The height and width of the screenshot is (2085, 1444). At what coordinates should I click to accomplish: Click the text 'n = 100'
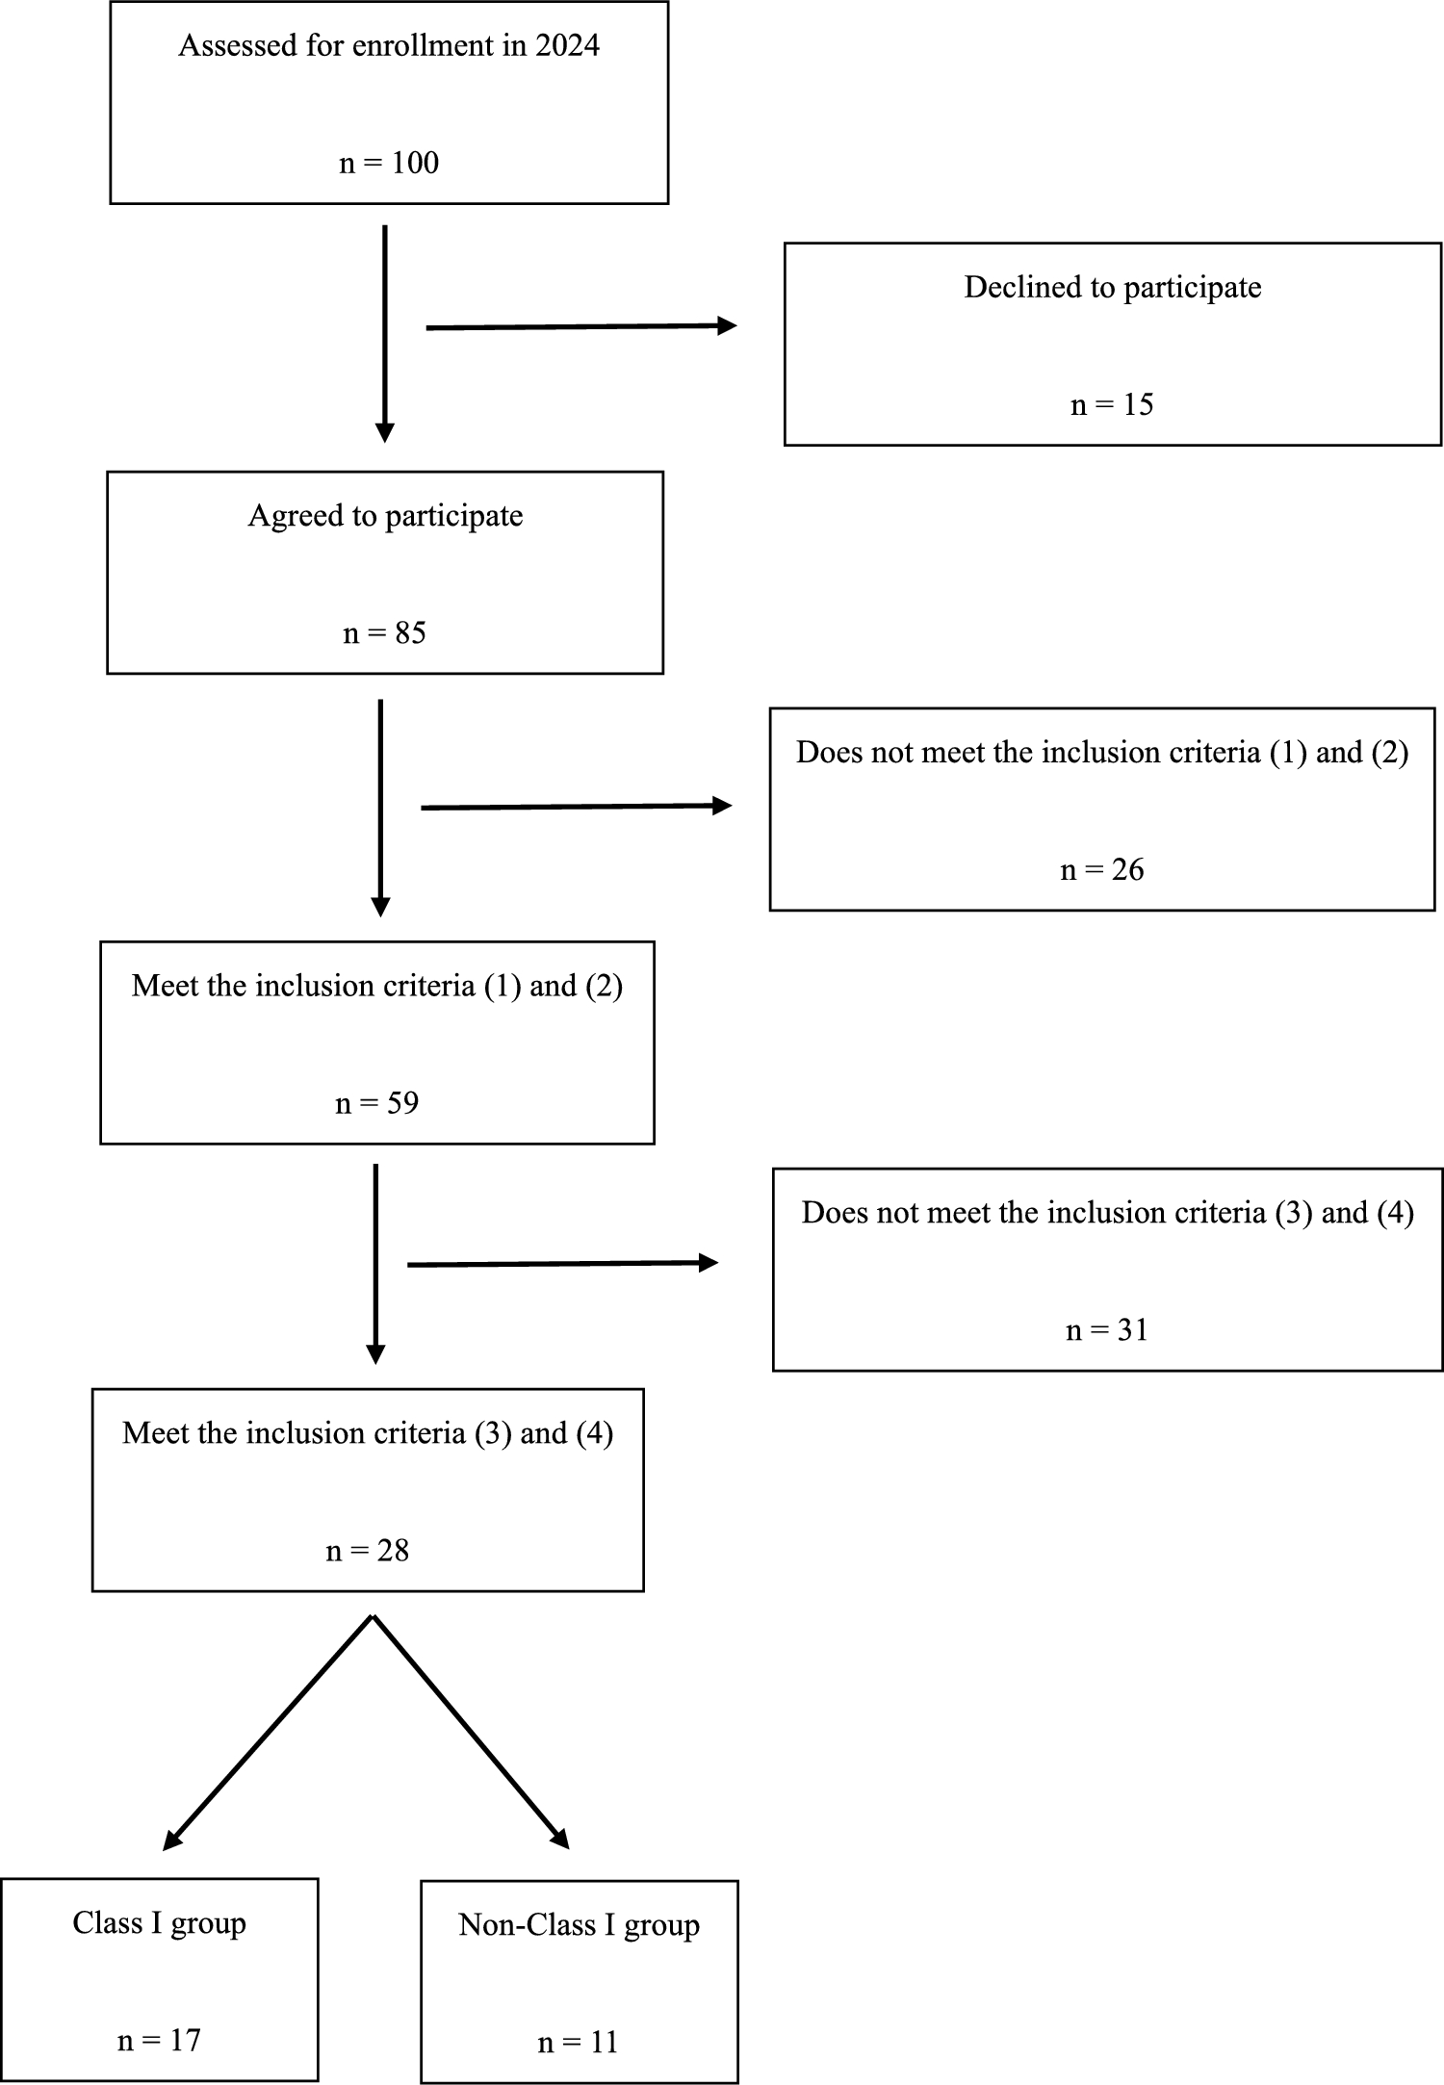[x=389, y=163]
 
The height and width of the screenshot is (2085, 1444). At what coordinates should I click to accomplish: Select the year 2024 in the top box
[x=567, y=45]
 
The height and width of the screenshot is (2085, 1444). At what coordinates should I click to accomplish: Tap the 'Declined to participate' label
[x=1112, y=287]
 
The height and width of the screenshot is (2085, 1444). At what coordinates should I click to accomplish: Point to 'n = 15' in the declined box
[x=1112, y=404]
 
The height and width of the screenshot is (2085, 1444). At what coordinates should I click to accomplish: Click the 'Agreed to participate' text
[x=385, y=516]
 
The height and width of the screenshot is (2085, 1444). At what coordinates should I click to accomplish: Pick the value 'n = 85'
[x=384, y=633]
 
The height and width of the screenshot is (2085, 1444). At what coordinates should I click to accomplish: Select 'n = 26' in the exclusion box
[x=1101, y=870]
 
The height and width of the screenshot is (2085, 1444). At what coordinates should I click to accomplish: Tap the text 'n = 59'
[x=376, y=1103]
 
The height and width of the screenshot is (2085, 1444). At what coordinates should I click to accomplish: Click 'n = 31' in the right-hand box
[x=1106, y=1330]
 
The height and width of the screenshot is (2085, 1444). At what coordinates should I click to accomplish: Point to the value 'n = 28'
[x=367, y=1551]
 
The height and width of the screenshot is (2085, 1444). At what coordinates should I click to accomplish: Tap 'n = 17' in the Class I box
[x=159, y=2041]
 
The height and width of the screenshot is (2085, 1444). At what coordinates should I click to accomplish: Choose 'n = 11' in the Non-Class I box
[x=578, y=2043]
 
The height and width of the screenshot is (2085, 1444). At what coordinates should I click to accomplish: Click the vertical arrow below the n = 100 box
[x=385, y=332]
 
